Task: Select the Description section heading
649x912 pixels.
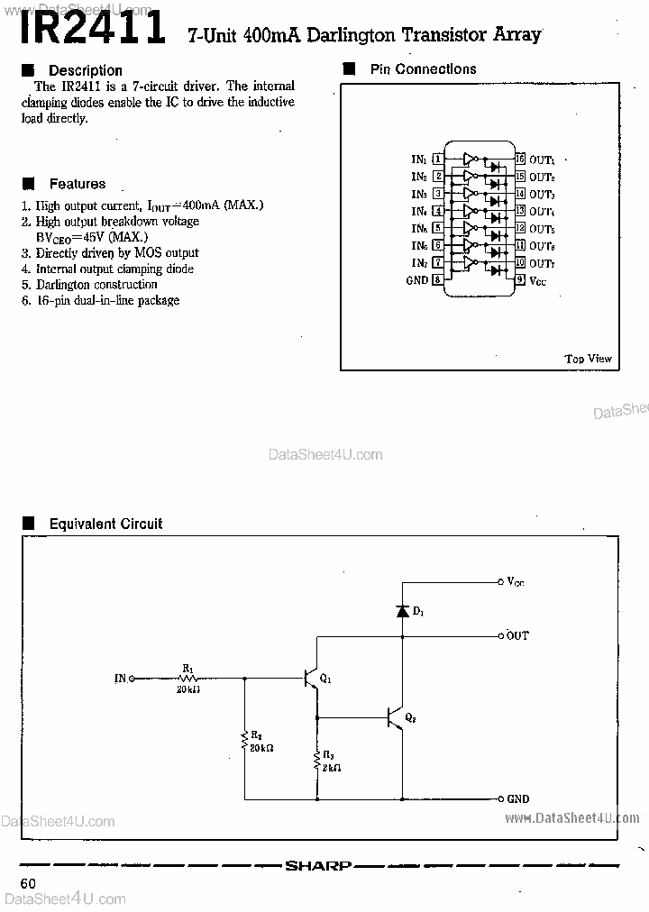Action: tap(85, 70)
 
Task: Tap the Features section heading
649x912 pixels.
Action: tap(77, 184)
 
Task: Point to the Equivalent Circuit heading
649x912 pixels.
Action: tap(105, 524)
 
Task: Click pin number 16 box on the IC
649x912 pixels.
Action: tap(520, 160)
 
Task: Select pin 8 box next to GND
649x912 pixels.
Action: tap(438, 280)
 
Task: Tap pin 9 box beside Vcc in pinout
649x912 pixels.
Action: tap(520, 280)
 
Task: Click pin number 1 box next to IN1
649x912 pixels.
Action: tap(438, 160)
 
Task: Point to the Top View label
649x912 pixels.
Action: tap(588, 359)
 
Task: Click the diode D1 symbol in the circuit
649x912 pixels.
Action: tap(402, 611)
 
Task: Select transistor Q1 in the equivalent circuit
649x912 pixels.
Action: tap(311, 678)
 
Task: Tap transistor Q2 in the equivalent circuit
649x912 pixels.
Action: tap(395, 717)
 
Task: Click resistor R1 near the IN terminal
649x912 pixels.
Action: tap(189, 678)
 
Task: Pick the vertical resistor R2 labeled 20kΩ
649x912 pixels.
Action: tap(244, 741)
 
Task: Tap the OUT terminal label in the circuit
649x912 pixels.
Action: tap(517, 635)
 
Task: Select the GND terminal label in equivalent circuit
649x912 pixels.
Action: tap(518, 798)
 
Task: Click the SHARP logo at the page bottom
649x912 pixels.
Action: tap(317, 866)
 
